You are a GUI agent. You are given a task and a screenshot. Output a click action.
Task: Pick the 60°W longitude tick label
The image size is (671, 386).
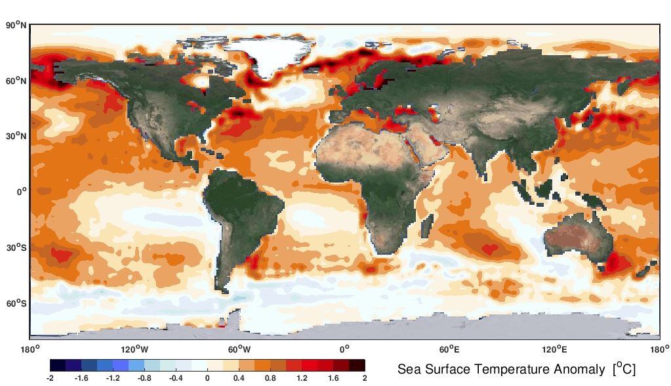point(239,349)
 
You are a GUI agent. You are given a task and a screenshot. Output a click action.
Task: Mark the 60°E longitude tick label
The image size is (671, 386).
point(449,349)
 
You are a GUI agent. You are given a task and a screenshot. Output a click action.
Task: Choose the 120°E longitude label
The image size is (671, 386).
point(554,349)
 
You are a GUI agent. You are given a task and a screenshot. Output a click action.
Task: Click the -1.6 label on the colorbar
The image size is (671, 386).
point(81,378)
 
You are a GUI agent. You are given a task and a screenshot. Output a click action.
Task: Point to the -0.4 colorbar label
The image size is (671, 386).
point(176,378)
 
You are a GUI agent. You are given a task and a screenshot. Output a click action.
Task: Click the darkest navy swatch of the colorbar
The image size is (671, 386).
point(58,366)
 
